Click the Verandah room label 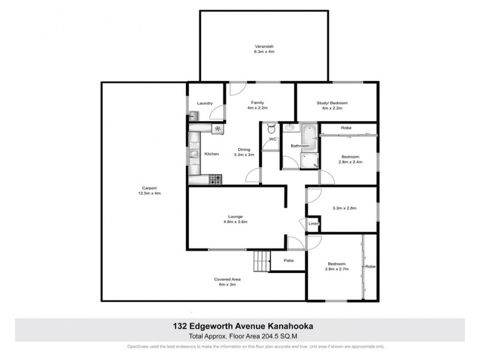[x=263, y=49]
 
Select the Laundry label [x=205, y=103]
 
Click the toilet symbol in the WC [x=271, y=128]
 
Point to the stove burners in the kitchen [x=215, y=178]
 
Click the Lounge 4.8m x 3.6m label [x=235, y=219]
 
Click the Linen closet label [x=313, y=224]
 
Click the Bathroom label [x=300, y=146]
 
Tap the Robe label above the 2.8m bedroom [x=346, y=128]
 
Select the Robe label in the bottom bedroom [x=370, y=266]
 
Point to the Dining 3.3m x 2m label [x=244, y=152]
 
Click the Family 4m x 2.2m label [x=257, y=105]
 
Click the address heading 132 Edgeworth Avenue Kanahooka [x=239, y=326]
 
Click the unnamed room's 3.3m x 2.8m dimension [x=344, y=208]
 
